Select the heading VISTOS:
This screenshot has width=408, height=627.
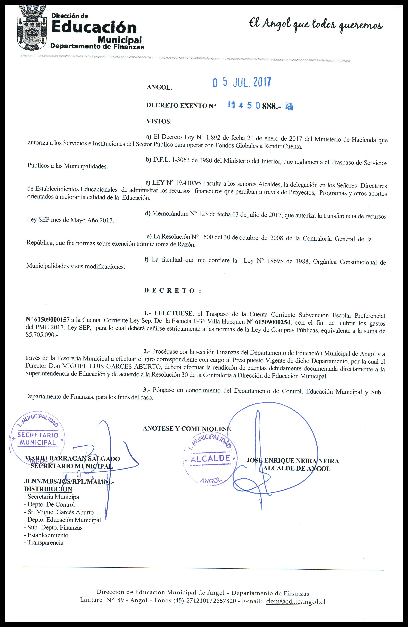(x=159, y=121)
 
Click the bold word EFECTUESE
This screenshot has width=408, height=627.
(x=174, y=313)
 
